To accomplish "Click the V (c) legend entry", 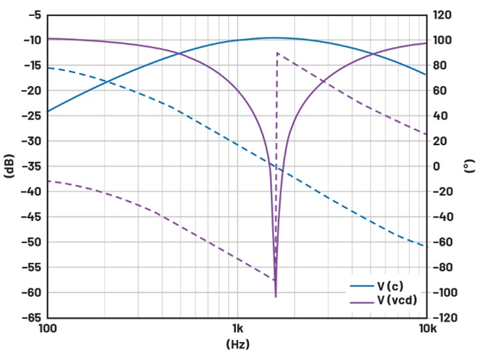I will click(389, 286).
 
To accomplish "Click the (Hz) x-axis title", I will click(237, 344).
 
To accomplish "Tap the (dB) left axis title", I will click(9, 166).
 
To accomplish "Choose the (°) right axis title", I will click(472, 166).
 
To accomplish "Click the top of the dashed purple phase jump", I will click(277, 53).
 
